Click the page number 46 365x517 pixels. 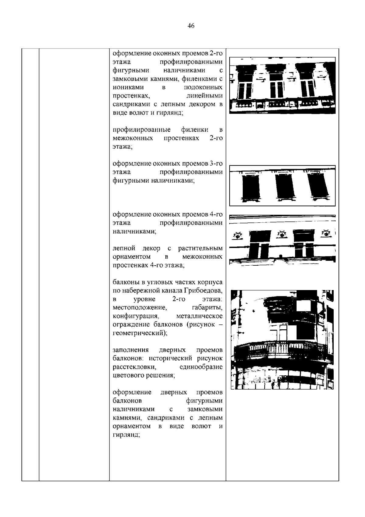(191, 26)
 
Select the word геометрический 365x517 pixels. (140, 333)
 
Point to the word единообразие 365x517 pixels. (201, 367)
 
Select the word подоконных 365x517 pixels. (203, 87)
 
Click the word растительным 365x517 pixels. (200, 248)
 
